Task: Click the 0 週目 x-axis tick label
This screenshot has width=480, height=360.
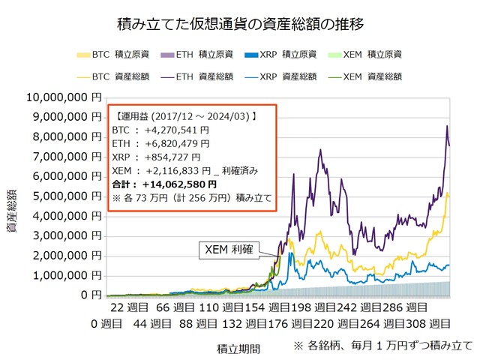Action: coord(105,323)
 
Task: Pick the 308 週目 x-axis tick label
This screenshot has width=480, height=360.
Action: coord(435,323)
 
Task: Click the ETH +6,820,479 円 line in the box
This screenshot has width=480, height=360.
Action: coord(160,143)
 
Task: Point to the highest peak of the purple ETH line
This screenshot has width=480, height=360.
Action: coord(447,126)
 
